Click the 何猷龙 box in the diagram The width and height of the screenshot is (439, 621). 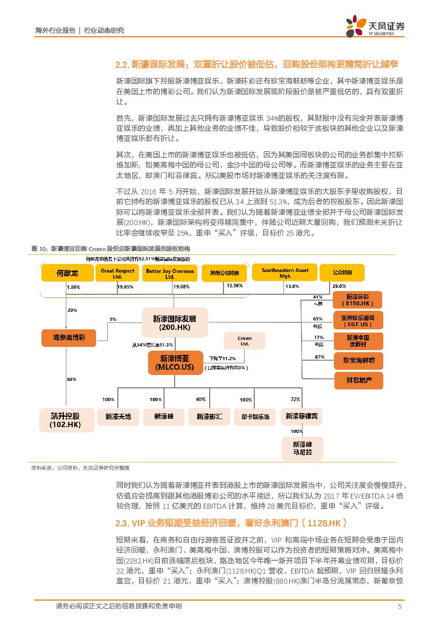(x=67, y=274)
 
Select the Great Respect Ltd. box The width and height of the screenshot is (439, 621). (x=117, y=274)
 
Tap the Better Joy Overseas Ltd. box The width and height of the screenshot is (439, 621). (x=169, y=274)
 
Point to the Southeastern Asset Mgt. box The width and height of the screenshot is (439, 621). (x=285, y=274)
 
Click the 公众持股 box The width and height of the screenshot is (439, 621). (x=342, y=273)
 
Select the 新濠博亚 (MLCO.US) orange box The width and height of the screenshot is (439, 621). (x=174, y=363)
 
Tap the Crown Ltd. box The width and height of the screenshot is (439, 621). (x=245, y=341)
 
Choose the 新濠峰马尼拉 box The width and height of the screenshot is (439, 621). (x=302, y=448)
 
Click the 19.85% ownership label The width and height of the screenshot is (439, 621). (x=125, y=287)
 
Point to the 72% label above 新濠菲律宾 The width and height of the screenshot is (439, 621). (x=296, y=399)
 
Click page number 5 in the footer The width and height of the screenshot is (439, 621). (x=399, y=606)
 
